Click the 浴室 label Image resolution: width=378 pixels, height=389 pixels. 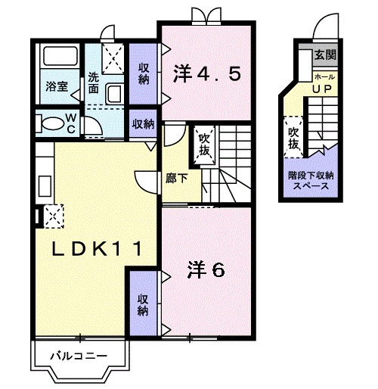pos(56,86)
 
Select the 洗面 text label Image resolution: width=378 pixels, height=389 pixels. pos(93,82)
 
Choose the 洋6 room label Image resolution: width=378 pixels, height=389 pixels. pos(205,270)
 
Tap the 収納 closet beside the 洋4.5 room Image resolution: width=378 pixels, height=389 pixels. pos(143,73)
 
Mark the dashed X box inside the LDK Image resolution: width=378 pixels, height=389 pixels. pos(53,216)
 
